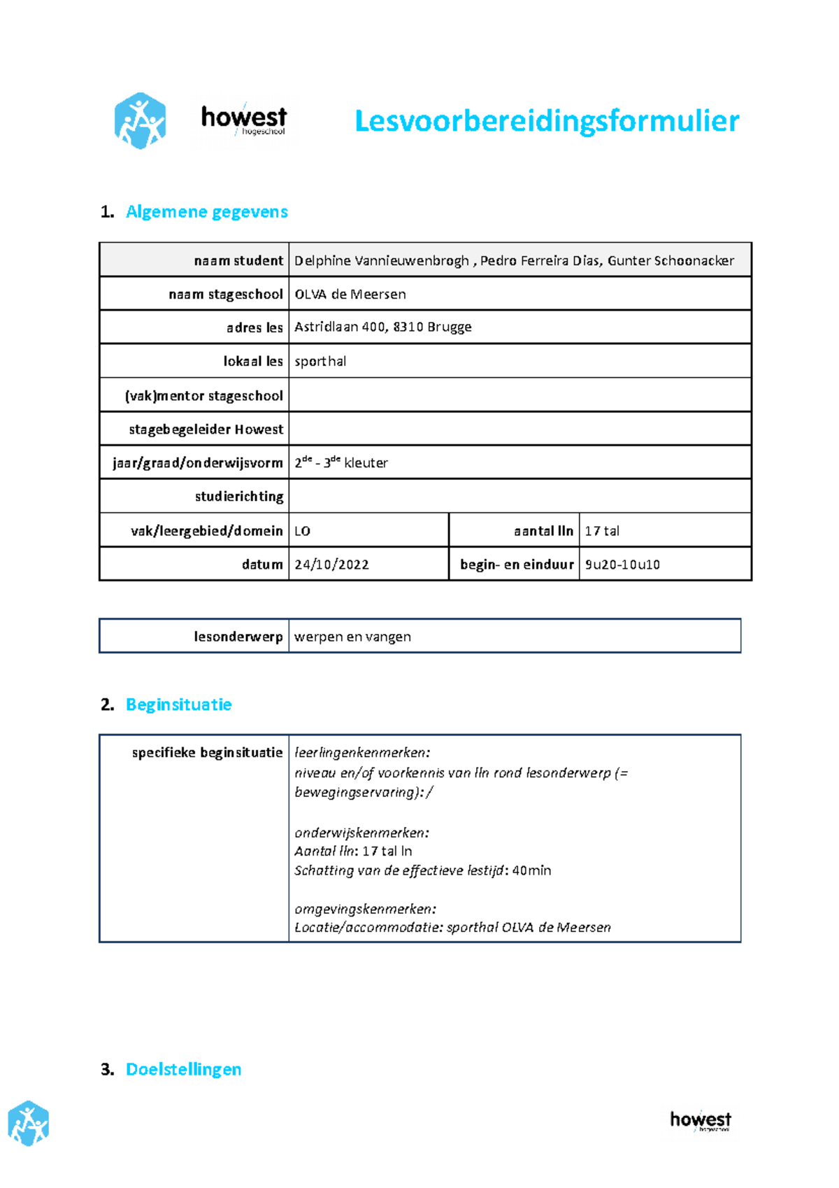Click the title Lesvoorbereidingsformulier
(x=546, y=121)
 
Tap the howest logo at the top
(x=243, y=120)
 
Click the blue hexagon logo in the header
(x=140, y=121)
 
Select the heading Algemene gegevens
(x=206, y=212)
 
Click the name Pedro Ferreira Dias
(x=540, y=261)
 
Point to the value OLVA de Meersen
(x=350, y=295)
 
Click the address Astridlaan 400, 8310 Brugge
(x=382, y=327)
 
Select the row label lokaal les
(x=252, y=362)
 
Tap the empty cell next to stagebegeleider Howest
(x=519, y=429)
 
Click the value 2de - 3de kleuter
(x=341, y=462)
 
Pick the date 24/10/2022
(x=331, y=565)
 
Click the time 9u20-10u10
(x=622, y=565)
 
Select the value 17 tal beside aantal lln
(x=602, y=531)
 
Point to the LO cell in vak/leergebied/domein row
(x=303, y=531)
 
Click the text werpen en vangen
(x=352, y=637)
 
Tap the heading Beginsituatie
(x=178, y=705)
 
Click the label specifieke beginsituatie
(x=207, y=753)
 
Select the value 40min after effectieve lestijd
(x=531, y=871)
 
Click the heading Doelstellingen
(x=183, y=1070)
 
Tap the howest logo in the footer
(x=700, y=1120)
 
